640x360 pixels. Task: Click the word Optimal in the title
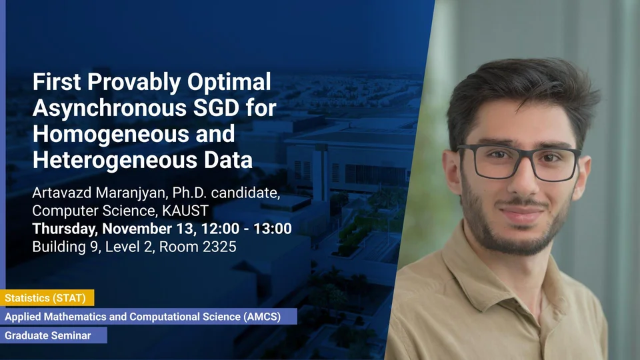(x=229, y=82)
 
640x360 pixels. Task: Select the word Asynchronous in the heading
(x=110, y=109)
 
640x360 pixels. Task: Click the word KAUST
(x=185, y=211)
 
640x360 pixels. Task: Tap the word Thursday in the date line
(x=65, y=229)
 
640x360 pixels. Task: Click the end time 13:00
(x=273, y=229)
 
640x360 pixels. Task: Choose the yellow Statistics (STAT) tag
(x=47, y=298)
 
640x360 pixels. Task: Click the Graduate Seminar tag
(x=53, y=335)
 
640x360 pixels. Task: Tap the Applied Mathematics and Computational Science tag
(x=149, y=316)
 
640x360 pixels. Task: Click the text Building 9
(x=66, y=247)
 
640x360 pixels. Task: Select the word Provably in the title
(x=134, y=83)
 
